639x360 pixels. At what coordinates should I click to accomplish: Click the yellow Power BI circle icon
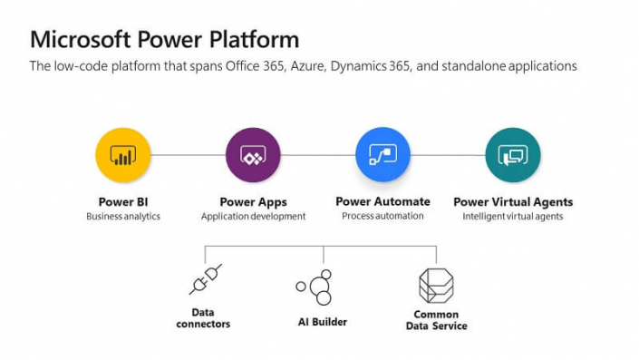tap(123, 155)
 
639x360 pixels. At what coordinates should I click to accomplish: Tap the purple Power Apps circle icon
tap(253, 155)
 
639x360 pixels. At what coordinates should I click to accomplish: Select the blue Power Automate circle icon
tap(382, 155)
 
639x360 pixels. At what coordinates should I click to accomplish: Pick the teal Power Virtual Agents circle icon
tap(513, 155)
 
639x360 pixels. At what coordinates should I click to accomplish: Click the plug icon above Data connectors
tap(204, 279)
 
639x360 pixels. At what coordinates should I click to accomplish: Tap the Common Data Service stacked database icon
tap(435, 285)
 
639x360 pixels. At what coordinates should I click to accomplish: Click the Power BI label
tap(123, 202)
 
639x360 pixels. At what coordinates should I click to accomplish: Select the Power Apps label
tap(253, 202)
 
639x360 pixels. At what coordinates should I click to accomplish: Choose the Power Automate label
tap(382, 201)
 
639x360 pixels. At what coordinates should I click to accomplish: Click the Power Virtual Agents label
tap(513, 202)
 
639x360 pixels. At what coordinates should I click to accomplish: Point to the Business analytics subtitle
tap(123, 217)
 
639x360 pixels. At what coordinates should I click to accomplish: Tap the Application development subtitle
tap(253, 217)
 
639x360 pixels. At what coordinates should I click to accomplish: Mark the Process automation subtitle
tap(382, 216)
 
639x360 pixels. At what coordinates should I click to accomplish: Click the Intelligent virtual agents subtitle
tap(513, 217)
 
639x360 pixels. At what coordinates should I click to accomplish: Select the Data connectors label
tap(203, 317)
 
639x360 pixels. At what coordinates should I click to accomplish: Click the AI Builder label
tap(323, 322)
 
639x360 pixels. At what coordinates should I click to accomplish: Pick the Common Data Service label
tap(436, 320)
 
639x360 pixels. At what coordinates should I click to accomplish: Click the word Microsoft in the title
tap(81, 39)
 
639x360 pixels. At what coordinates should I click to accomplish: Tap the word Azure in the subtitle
tap(311, 66)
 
